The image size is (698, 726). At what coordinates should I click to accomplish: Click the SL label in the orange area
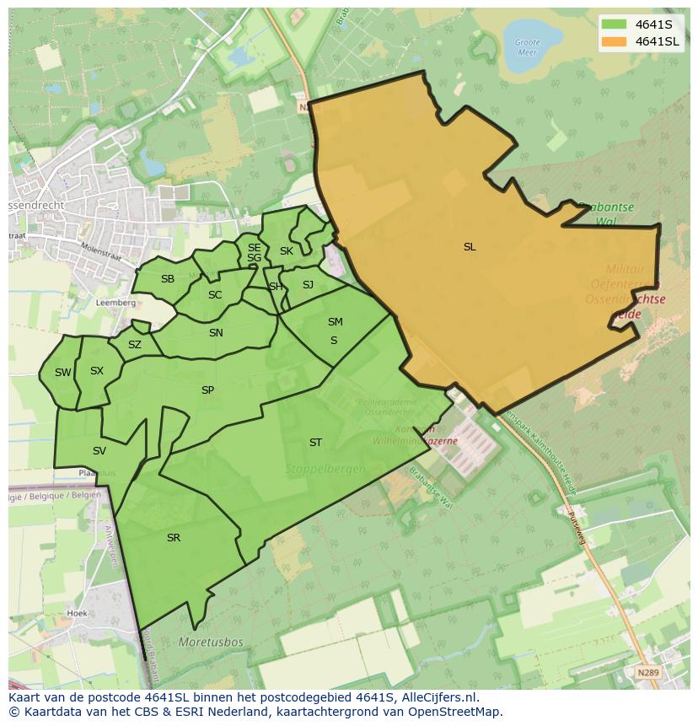click(x=470, y=247)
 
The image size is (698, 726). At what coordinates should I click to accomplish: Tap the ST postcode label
click(x=315, y=442)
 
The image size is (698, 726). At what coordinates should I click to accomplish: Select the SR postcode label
click(x=174, y=537)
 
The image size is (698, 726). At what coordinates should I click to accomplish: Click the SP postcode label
click(x=207, y=390)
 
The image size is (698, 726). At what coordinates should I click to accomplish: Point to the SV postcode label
click(x=99, y=450)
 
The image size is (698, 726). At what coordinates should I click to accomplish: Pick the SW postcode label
click(x=63, y=372)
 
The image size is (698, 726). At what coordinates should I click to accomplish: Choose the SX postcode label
click(x=97, y=370)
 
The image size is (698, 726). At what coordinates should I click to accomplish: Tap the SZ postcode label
click(x=135, y=344)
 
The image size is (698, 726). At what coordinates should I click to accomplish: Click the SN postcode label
click(x=216, y=332)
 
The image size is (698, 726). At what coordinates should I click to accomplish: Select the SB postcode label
click(x=168, y=279)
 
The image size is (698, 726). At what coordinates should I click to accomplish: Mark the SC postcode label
click(x=215, y=294)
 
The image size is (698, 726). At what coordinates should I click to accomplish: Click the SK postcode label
click(x=287, y=250)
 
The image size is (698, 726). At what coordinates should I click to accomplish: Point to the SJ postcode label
click(x=308, y=284)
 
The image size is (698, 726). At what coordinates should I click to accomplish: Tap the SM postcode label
click(x=335, y=321)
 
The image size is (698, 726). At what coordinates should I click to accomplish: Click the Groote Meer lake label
click(x=527, y=46)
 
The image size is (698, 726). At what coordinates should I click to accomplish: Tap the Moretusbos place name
click(x=211, y=642)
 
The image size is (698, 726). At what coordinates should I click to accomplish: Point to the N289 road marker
click(x=647, y=672)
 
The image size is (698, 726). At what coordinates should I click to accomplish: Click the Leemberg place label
click(x=116, y=302)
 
